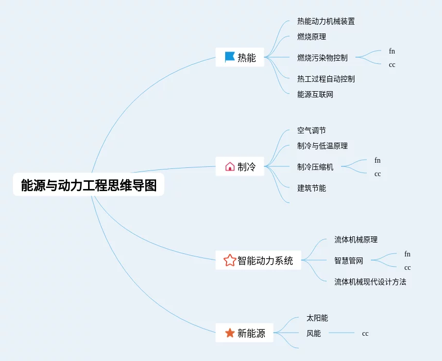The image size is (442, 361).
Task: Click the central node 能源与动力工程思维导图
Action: [89, 185]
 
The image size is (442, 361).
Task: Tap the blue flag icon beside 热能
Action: [230, 57]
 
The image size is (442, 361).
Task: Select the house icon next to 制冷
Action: [230, 166]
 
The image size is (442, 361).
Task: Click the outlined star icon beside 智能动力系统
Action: [230, 260]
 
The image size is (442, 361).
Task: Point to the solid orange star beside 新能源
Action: [230, 333]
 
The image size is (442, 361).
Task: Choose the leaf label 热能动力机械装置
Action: [326, 22]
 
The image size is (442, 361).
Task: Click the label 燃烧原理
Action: [311, 37]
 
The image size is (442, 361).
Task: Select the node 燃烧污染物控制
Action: [322, 58]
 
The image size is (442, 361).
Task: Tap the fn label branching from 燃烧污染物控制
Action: [392, 51]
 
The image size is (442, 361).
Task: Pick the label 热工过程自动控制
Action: [326, 79]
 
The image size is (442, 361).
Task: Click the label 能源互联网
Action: [315, 95]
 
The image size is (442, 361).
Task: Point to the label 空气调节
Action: [311, 131]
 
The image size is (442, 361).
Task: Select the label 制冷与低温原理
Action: [322, 146]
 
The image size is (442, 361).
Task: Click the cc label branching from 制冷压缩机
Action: [378, 174]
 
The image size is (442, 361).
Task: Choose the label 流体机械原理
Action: [355, 240]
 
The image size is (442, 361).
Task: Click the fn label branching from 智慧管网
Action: [407, 254]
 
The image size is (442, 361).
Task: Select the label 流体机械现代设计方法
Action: [370, 282]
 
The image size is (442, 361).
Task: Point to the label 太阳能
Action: [317, 318]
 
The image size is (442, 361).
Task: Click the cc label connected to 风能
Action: [365, 334]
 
